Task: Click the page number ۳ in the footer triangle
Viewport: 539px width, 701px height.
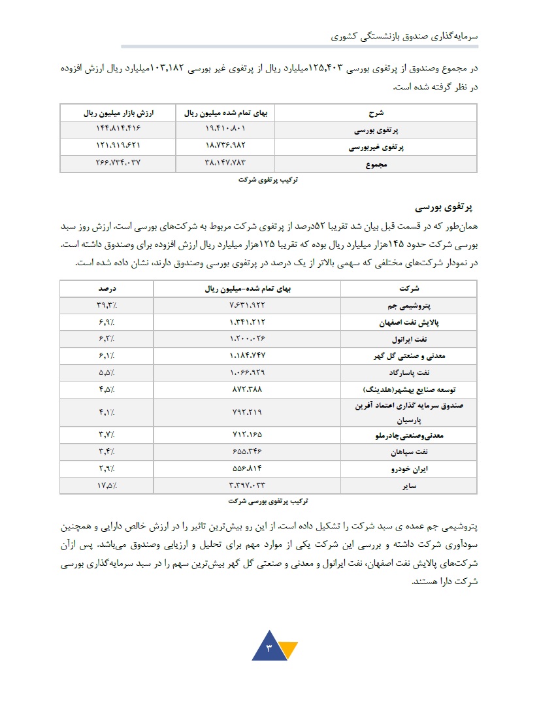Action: coord(269,649)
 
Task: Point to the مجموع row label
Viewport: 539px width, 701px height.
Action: coord(377,165)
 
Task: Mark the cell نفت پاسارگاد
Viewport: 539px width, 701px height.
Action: coord(412,373)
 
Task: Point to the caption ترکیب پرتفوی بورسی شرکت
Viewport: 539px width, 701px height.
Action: coord(268,502)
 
